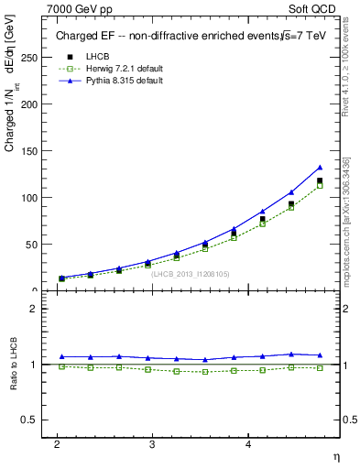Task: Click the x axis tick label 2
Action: click(57, 444)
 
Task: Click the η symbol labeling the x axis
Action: click(335, 456)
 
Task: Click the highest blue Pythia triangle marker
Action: click(320, 168)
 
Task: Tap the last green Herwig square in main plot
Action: click(320, 186)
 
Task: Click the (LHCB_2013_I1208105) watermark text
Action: click(190, 273)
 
